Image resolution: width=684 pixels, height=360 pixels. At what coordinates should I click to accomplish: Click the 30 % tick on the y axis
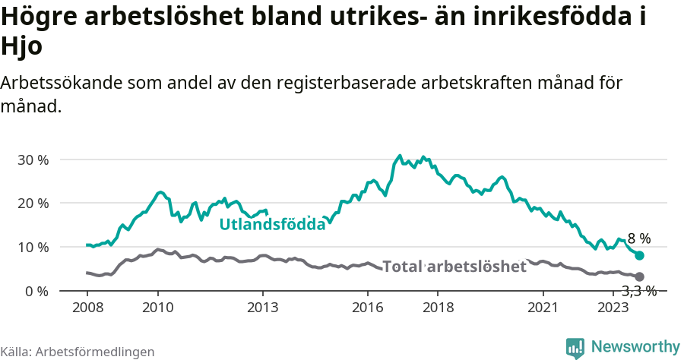33,160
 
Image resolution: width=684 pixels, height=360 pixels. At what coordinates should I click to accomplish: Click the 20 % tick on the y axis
33,204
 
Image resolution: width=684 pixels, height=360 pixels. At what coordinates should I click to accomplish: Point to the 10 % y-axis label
33,248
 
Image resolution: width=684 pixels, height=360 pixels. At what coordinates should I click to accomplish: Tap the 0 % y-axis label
36,292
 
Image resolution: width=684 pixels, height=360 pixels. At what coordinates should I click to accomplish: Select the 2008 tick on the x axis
87,307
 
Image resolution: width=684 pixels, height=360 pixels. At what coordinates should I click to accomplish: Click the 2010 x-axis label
157,307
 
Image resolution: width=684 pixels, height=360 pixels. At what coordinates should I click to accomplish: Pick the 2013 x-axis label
263,307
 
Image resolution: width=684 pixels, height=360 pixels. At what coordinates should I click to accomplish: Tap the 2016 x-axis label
368,307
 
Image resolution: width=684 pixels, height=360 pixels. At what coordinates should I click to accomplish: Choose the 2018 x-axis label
438,307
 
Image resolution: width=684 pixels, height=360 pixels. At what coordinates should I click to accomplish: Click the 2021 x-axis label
543,307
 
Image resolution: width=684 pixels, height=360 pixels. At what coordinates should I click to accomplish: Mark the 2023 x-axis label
613,307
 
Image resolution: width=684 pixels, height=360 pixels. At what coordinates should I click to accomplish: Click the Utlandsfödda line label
272,224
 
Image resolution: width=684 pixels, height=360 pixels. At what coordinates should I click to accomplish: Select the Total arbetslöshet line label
454,267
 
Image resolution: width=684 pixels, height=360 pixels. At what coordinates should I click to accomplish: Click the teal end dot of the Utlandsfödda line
639,256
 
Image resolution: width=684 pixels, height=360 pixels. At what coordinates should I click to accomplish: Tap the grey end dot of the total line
639,276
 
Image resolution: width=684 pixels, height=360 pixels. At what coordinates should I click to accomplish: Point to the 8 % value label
638,239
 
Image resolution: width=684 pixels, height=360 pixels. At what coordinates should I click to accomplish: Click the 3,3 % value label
638,291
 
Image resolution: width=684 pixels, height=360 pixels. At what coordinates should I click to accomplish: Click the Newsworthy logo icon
575,347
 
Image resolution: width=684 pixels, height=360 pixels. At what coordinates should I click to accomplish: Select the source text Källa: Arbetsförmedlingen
78,352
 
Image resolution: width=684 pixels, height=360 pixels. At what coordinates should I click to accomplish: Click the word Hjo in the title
21,46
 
